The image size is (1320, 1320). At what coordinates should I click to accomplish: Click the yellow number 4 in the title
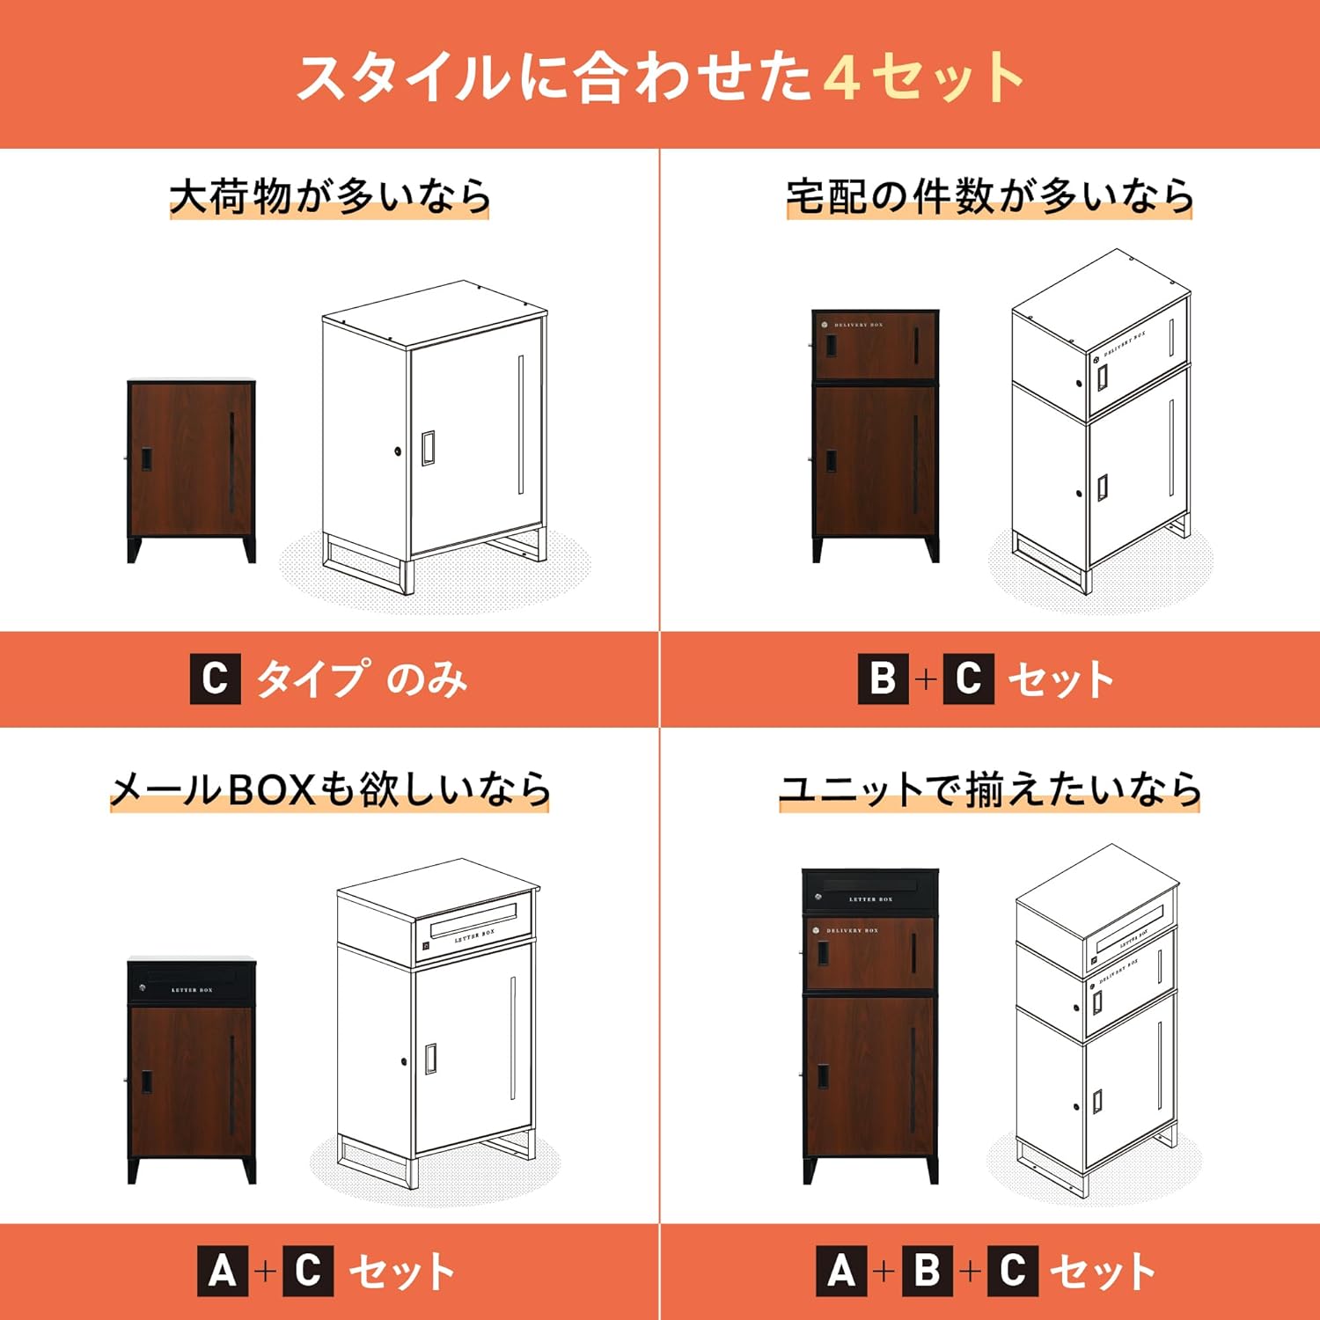pyautogui.click(x=841, y=77)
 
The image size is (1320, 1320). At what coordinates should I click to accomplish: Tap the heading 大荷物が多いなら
pyautogui.click(x=329, y=196)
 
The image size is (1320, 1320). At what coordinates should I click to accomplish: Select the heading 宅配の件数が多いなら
pyautogui.click(x=989, y=196)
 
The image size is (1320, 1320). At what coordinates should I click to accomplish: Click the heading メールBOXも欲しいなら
pyautogui.click(x=329, y=788)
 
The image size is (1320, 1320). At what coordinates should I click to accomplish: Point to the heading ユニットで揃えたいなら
pyautogui.click(x=989, y=788)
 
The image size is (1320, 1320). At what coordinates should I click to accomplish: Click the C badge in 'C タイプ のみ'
pyautogui.click(x=215, y=678)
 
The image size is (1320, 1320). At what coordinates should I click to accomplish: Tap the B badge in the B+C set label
pyautogui.click(x=883, y=678)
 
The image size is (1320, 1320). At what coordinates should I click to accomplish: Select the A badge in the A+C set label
pyautogui.click(x=223, y=1272)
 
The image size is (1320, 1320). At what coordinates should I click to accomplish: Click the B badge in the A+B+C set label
pyautogui.click(x=927, y=1272)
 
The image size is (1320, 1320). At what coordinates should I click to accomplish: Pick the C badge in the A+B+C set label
pyautogui.click(x=1012, y=1272)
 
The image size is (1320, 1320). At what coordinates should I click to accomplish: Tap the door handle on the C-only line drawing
pyautogui.click(x=428, y=448)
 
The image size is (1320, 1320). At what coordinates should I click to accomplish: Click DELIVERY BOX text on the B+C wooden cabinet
pyautogui.click(x=858, y=326)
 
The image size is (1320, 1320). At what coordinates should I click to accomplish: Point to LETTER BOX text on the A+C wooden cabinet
pyautogui.click(x=192, y=990)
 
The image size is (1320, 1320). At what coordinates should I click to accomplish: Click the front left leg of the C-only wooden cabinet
pyautogui.click(x=135, y=549)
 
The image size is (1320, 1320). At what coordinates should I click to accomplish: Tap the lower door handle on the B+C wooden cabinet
pyautogui.click(x=831, y=461)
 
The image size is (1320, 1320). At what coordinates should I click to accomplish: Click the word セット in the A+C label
pyautogui.click(x=401, y=1272)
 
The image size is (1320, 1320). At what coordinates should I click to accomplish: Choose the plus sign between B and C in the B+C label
pyautogui.click(x=925, y=678)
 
